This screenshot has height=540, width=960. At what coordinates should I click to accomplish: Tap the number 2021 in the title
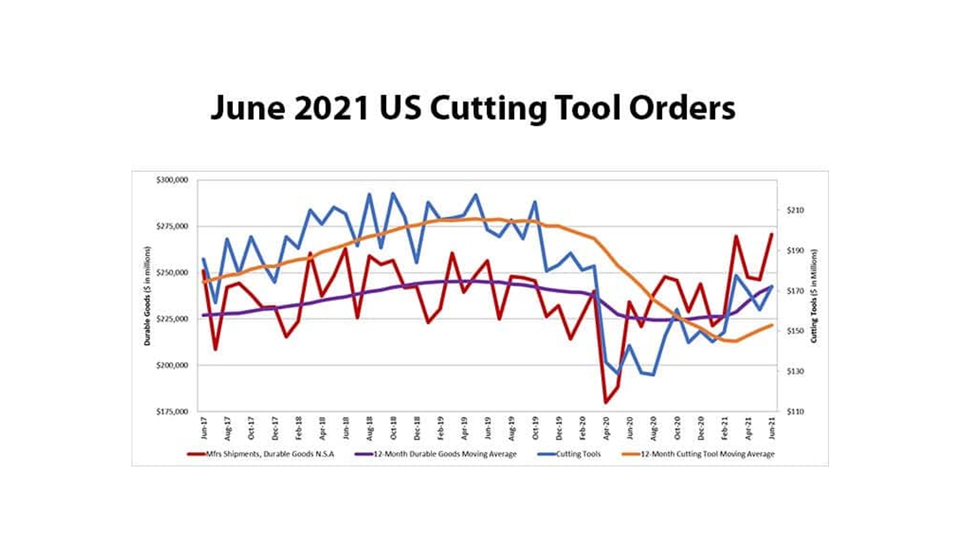(331, 107)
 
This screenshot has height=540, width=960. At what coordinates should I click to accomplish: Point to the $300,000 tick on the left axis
(172, 180)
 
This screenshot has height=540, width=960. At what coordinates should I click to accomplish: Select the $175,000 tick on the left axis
(172, 411)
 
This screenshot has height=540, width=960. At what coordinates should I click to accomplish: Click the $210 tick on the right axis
(795, 210)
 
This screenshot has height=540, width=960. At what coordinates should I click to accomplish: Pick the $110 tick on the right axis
(795, 411)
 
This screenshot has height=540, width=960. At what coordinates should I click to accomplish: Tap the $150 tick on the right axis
(795, 331)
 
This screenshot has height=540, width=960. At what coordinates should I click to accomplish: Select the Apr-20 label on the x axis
(606, 428)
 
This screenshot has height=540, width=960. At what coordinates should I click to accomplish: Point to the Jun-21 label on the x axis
(772, 428)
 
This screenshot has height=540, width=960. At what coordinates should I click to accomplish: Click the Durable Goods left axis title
(147, 296)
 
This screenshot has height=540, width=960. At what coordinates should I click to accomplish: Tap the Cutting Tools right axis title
(814, 296)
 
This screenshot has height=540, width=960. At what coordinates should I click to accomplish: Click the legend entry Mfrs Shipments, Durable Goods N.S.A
(270, 454)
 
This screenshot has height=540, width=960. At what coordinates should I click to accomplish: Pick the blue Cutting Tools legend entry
(578, 454)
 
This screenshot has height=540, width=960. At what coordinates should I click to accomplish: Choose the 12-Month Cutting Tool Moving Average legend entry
(707, 454)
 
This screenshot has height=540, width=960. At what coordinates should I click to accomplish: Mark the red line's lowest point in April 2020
(606, 402)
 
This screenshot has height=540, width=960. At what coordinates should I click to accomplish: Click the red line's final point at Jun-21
(771, 234)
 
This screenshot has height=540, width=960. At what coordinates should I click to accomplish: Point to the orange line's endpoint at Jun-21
(771, 325)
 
